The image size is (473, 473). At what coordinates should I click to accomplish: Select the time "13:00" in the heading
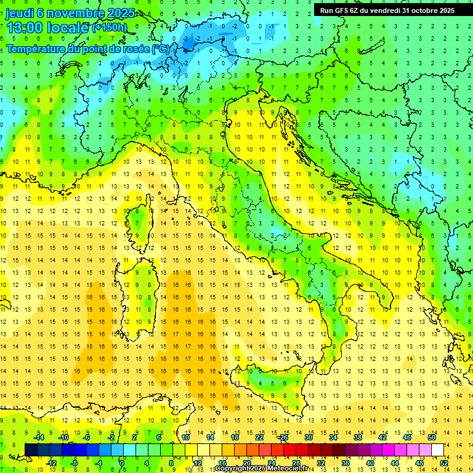coord(26,28)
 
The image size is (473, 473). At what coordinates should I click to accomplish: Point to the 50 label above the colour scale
coord(432,437)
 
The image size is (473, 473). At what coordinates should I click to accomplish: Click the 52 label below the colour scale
coord(444,463)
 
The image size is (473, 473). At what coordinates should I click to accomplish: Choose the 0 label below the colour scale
coord(123,463)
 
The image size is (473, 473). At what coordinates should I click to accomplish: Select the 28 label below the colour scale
coord(296,463)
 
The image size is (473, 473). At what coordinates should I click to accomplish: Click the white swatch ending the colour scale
coord(437,450)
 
